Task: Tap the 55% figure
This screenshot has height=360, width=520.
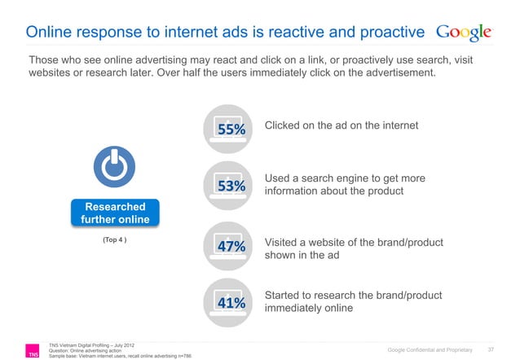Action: pos(231,130)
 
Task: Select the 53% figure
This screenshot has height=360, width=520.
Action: pos(231,187)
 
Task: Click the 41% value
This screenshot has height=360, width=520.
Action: pos(231,302)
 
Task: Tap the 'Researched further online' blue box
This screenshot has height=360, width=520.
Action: pos(114,213)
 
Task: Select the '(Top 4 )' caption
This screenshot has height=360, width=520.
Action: pos(113,241)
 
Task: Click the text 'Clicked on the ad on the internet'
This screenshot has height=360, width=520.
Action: pos(342,125)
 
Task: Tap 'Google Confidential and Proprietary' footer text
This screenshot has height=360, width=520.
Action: pos(430,349)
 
